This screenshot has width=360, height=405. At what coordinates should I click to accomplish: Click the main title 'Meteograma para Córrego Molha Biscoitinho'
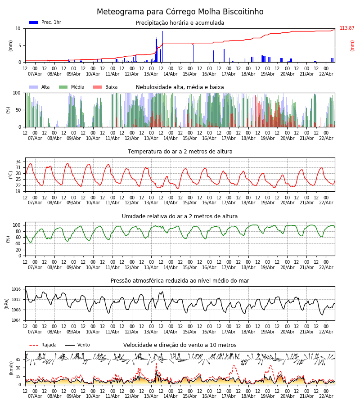(180, 12)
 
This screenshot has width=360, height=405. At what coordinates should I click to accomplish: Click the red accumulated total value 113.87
(347, 28)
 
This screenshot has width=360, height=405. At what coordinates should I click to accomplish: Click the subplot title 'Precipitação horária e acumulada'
(180, 23)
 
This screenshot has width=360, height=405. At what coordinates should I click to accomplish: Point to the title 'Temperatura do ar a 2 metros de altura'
(180, 152)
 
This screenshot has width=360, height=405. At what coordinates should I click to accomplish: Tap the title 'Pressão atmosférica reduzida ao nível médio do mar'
(180, 281)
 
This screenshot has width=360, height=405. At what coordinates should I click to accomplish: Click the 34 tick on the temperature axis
(18, 162)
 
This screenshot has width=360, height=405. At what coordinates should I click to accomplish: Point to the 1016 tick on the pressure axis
(17, 289)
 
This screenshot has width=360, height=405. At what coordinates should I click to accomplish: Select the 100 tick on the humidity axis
(17, 225)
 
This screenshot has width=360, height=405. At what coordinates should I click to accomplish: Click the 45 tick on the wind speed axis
(18, 360)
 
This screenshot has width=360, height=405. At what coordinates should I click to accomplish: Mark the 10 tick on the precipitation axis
(18, 28)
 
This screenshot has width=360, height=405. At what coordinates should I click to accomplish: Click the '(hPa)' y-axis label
(7, 303)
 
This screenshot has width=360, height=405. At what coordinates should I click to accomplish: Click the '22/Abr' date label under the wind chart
(326, 396)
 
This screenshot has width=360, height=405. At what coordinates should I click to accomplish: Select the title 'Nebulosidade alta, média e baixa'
(180, 87)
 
